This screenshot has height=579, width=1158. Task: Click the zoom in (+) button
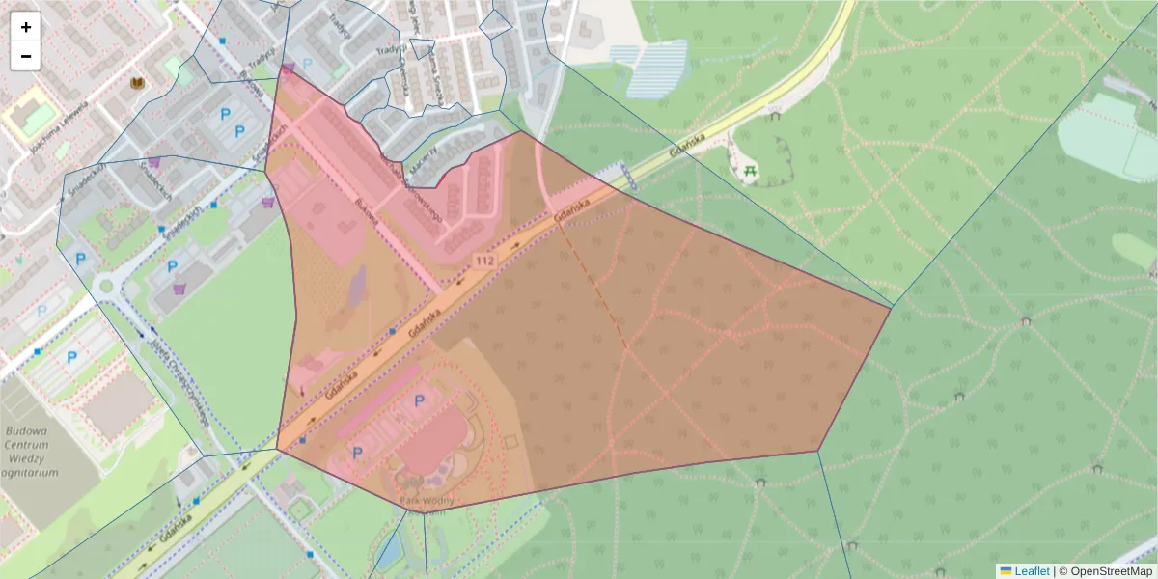[26, 27]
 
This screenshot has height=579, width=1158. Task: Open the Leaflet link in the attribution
[1031, 571]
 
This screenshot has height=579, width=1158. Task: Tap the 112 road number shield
[484, 262]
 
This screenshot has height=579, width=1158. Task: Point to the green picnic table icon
[751, 172]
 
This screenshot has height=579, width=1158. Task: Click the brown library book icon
[138, 83]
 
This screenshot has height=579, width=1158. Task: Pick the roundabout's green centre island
[105, 287]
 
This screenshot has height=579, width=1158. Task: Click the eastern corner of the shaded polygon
[890, 308]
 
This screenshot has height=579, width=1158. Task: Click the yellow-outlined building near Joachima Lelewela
[33, 113]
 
